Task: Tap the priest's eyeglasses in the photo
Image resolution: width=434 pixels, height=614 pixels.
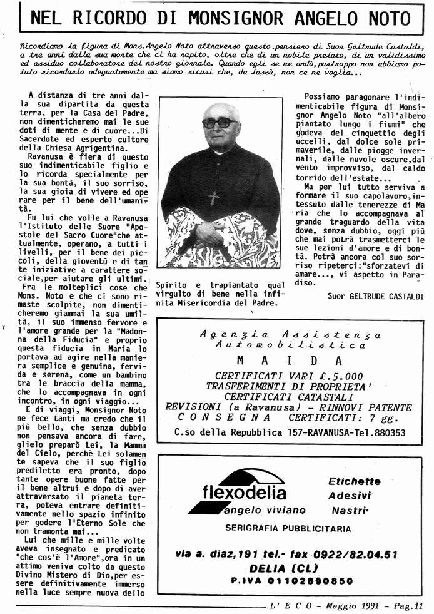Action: [x=220, y=122]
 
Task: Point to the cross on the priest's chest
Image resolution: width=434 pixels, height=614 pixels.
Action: [x=214, y=198]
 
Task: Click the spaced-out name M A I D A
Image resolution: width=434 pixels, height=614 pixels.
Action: [x=289, y=361]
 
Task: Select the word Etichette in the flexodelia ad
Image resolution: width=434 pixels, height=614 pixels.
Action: [x=354, y=481]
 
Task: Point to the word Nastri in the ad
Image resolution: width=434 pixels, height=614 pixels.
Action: [x=348, y=511]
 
